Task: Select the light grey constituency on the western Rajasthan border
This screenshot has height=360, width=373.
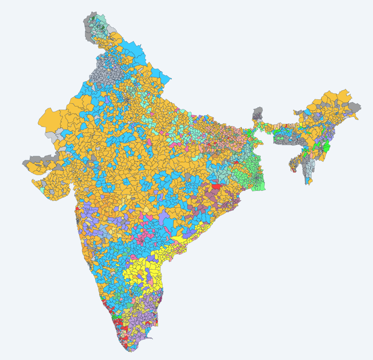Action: [51, 135]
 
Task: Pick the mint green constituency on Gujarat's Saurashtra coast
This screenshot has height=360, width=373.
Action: [42, 190]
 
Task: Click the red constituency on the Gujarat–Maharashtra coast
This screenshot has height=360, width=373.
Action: [78, 208]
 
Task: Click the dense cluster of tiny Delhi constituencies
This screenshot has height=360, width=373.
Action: [127, 99]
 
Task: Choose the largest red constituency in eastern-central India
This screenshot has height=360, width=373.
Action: [216, 186]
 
